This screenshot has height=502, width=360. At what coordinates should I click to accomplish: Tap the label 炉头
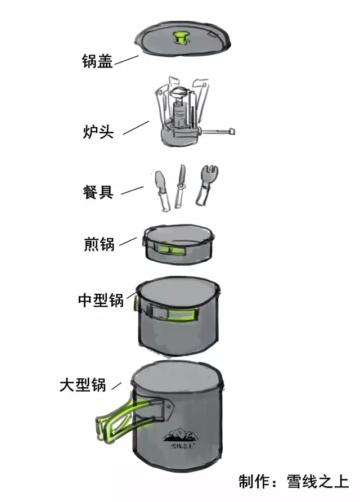pos(98,132)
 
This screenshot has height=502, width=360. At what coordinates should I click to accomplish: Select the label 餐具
pos(98,191)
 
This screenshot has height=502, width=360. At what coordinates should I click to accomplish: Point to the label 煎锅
pos(98,244)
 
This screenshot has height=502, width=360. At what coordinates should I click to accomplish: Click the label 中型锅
pos(101,300)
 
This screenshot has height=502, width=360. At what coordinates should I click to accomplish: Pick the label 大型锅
pos(83,386)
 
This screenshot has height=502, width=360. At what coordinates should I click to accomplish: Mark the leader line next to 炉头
pos(136,127)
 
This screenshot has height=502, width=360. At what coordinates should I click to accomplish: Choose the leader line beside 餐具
pos(132,191)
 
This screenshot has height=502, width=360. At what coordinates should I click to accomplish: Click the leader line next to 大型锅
pos(116,386)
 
